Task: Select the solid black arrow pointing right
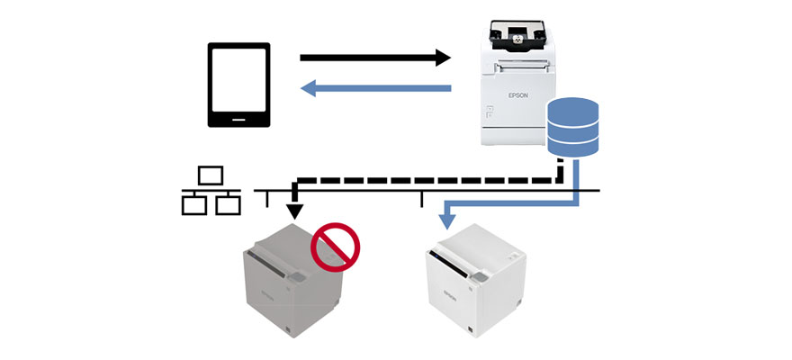coord(373,58)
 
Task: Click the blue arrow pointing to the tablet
coord(373,88)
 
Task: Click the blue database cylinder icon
coord(573,127)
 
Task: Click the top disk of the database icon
coord(573,107)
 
